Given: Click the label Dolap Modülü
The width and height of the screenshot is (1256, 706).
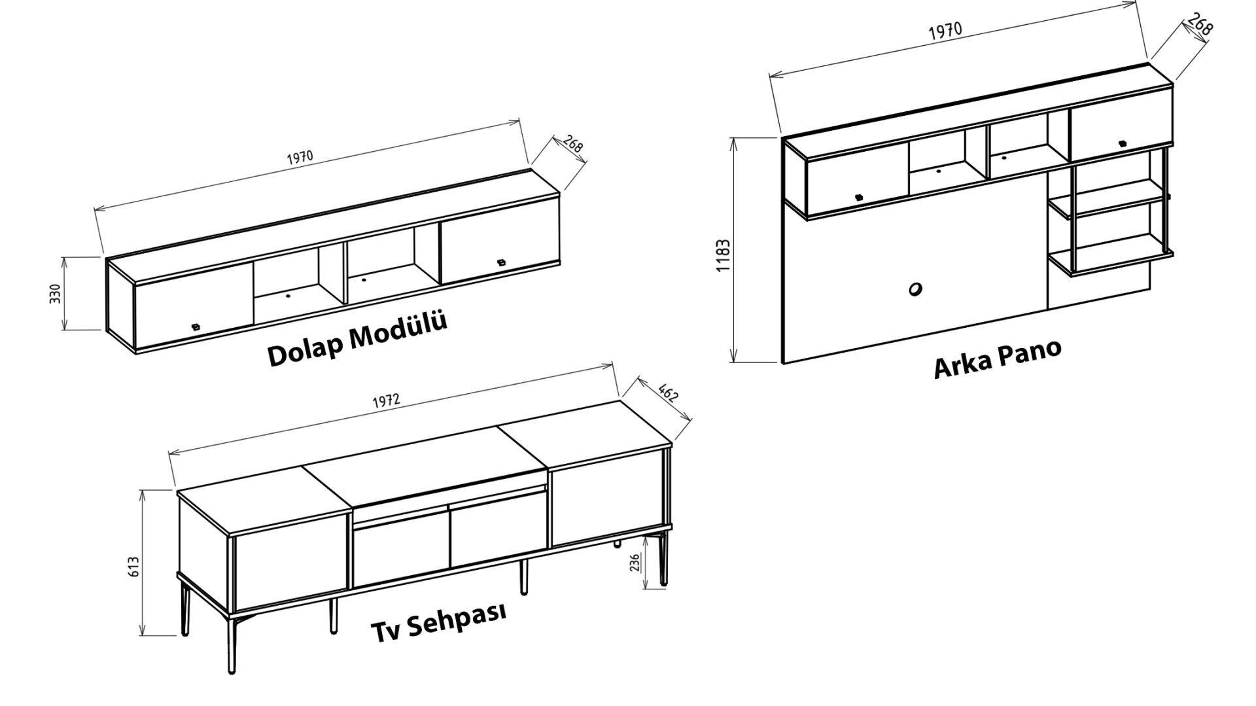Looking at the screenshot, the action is (x=357, y=339).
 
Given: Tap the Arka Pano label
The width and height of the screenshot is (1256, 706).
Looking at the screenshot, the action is (x=998, y=358).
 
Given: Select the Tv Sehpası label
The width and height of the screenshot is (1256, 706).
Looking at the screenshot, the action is (x=439, y=622).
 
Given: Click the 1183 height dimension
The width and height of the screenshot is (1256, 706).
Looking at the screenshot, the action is (x=724, y=255).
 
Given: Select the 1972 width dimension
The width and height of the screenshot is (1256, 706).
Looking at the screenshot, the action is (x=386, y=400).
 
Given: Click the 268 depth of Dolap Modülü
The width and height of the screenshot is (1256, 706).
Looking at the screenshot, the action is (x=572, y=145).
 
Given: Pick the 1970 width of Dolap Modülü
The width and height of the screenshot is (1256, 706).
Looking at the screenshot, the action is (x=300, y=158).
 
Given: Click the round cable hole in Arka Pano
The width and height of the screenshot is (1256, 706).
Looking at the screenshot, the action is (x=915, y=289).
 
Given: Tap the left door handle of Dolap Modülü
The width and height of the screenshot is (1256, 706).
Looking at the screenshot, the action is (x=194, y=326).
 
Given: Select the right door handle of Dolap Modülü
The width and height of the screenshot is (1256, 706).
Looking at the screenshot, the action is (x=502, y=263).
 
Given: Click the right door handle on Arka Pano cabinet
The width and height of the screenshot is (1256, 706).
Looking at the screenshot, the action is (x=1123, y=143).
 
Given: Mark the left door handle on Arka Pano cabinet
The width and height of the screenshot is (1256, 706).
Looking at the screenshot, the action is (x=859, y=196).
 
